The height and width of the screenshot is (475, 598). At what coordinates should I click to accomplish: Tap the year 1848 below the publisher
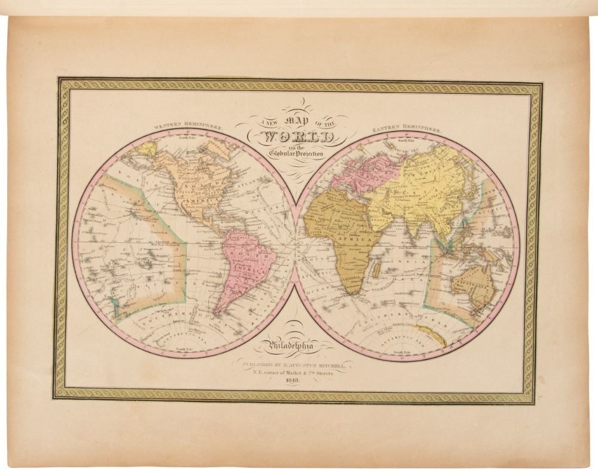292,382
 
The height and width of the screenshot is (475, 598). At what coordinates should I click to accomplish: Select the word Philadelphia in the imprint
292,346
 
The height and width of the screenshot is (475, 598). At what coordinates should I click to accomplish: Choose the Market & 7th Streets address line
292,372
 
